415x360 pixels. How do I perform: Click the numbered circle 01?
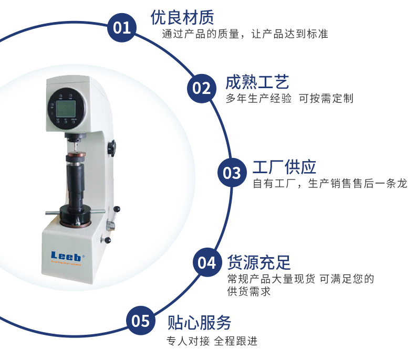click(122, 27)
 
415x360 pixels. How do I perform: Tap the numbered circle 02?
click(202, 88)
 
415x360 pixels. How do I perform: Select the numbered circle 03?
click(232, 173)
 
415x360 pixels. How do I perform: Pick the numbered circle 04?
click(207, 262)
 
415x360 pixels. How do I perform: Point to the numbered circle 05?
click(141, 320)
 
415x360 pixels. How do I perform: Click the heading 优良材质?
click(182, 17)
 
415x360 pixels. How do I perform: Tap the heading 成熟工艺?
click(257, 82)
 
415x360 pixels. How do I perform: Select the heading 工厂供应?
click(285, 167)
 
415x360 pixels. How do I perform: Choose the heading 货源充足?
click(259, 262)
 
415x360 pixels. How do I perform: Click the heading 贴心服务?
click(199, 322)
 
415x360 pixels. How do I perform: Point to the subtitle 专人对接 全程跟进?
click(212, 341)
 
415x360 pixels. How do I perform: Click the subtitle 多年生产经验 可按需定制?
click(289, 98)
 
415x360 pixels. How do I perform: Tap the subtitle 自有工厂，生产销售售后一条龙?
click(330, 183)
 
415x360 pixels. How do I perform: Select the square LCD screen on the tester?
click(66, 109)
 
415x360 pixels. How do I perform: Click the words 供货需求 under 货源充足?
click(249, 291)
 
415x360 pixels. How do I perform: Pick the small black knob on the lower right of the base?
click(107, 240)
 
